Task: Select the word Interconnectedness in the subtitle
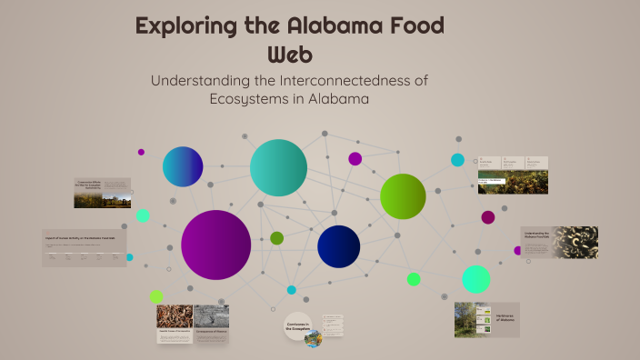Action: tap(339, 80)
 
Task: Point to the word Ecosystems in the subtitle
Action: tap(264, 99)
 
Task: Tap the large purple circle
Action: tap(215, 245)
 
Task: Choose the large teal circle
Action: tap(277, 168)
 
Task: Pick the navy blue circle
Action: tap(339, 246)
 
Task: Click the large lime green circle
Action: tap(403, 196)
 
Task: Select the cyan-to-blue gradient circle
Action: tap(183, 166)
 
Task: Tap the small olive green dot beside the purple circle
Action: tap(277, 238)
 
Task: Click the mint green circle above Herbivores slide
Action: tap(475, 278)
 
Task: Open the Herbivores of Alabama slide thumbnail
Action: tap(486, 320)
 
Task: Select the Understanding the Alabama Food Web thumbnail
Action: tap(559, 243)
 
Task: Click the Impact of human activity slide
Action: tap(85, 247)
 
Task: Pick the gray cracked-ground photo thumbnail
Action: tap(211, 316)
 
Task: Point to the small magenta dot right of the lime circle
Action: tap(488, 217)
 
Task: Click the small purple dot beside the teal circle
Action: tap(355, 159)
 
